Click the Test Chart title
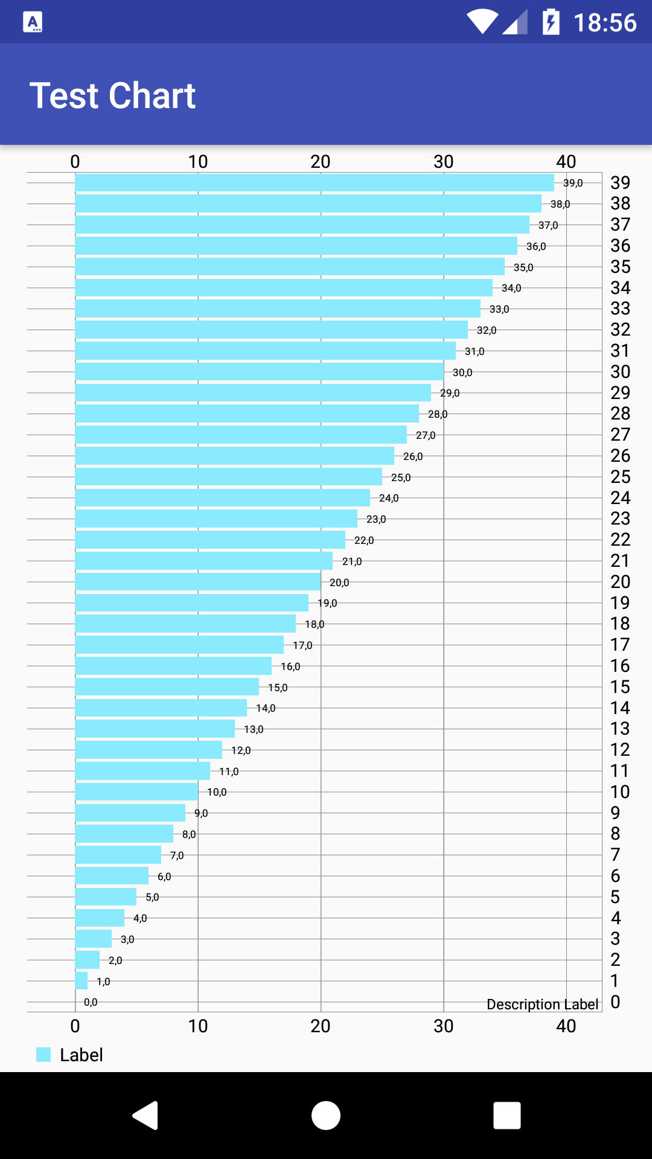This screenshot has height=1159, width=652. (112, 95)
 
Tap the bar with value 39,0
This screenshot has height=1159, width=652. (314, 182)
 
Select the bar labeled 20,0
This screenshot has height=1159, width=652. (198, 582)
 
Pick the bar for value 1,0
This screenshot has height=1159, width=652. (81, 981)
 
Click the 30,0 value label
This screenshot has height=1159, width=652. (462, 372)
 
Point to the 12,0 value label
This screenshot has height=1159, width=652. (241, 750)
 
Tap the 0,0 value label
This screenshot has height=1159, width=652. (91, 1002)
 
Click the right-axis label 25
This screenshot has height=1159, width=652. (620, 477)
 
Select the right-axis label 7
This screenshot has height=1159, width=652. (615, 855)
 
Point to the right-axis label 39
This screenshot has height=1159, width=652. (620, 182)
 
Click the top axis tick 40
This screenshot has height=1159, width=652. (566, 162)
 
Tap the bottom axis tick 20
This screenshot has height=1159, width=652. (321, 1026)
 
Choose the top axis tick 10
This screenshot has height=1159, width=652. (198, 162)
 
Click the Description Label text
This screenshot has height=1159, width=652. (542, 1004)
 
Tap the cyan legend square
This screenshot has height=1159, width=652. (43, 1055)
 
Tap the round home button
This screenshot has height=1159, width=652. (326, 1115)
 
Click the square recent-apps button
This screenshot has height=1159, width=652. (507, 1115)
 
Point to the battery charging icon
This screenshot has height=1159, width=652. (551, 22)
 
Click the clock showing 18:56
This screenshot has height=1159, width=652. (604, 23)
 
